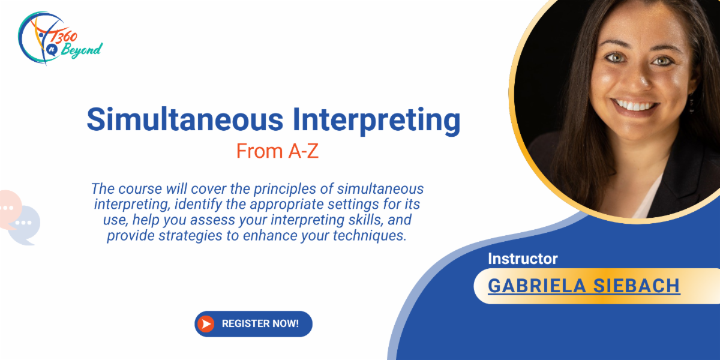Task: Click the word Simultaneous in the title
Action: (x=184, y=119)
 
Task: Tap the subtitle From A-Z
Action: (x=277, y=151)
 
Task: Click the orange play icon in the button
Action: (x=206, y=324)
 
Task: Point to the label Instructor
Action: (x=523, y=259)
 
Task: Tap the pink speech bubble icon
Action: (x=8, y=208)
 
